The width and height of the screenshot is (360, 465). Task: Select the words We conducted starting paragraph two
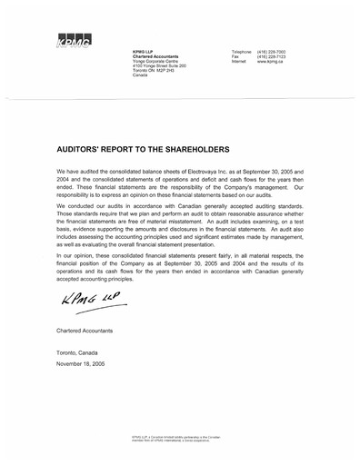[x=78, y=204]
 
